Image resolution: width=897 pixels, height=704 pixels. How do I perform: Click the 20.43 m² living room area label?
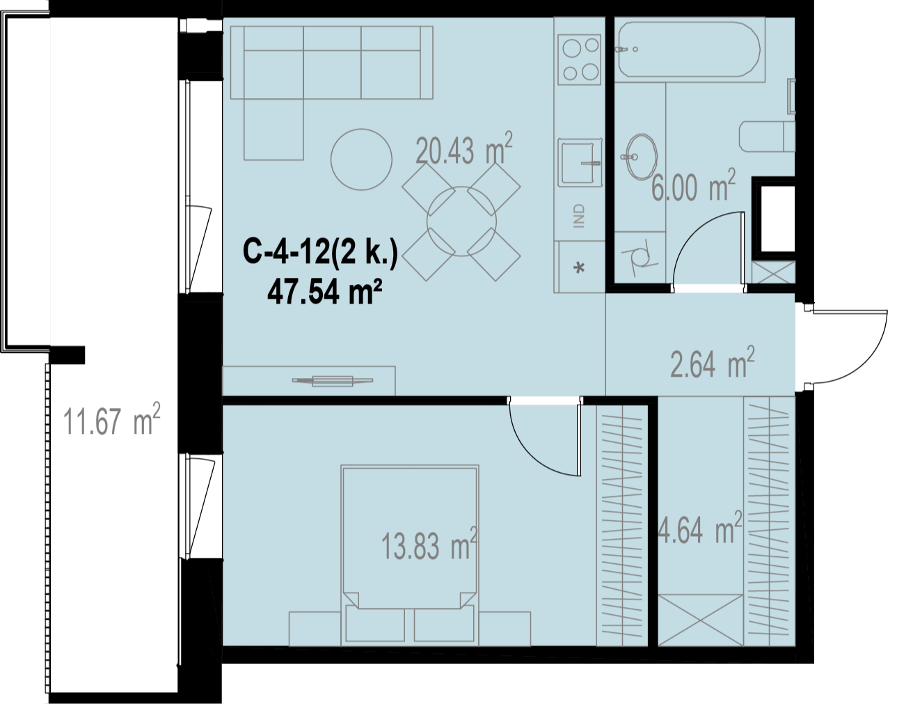[x=464, y=148]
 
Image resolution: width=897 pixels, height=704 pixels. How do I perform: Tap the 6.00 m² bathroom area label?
[x=694, y=185]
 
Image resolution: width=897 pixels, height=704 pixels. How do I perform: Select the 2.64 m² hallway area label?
[x=713, y=362]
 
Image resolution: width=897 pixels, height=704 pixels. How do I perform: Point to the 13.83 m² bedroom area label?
[x=429, y=545]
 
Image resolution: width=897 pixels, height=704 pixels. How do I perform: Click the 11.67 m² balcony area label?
[x=111, y=419]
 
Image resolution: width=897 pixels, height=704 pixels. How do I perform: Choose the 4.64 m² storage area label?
[x=699, y=528]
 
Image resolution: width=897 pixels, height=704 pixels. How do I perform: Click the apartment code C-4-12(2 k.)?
[x=320, y=252]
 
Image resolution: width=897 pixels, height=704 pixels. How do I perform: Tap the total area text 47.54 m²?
[x=324, y=292]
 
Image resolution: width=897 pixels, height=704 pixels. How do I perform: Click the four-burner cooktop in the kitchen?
[x=579, y=59]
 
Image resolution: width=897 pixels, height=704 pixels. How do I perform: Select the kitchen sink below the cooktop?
[x=580, y=162]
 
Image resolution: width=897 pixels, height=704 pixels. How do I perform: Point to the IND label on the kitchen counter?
[x=579, y=216]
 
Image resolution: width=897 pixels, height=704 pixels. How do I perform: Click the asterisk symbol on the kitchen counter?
[x=579, y=268]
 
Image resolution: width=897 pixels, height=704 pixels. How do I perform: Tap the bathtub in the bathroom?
[x=688, y=49]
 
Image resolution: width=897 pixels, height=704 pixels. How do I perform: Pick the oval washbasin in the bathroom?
[x=641, y=157]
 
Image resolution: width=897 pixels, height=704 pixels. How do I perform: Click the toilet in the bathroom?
[x=767, y=136]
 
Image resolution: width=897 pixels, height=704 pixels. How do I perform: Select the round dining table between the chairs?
[x=461, y=221]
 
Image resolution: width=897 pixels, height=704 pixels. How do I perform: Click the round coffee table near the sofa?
[x=361, y=159]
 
